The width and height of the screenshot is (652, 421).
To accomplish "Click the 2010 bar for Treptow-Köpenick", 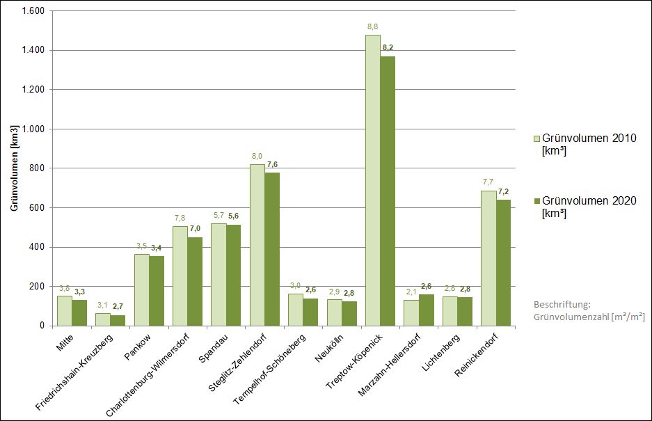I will (x=372, y=181).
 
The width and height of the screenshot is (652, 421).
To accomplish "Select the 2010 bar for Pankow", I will (x=141, y=289).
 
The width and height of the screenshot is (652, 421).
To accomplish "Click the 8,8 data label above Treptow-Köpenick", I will (x=372, y=26).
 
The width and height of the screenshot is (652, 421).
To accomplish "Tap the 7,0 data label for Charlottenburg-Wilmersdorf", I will (x=195, y=228).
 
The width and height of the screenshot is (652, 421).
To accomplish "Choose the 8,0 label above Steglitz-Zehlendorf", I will (x=257, y=157).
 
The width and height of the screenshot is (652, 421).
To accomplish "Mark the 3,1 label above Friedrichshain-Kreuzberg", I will (x=102, y=305).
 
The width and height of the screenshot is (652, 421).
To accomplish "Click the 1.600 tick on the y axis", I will (x=33, y=11).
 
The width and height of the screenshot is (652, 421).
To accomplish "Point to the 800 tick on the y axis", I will (x=38, y=168).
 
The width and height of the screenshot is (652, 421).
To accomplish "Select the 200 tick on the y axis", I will (x=38, y=286).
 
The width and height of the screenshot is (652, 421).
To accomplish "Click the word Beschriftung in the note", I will (x=561, y=305).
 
